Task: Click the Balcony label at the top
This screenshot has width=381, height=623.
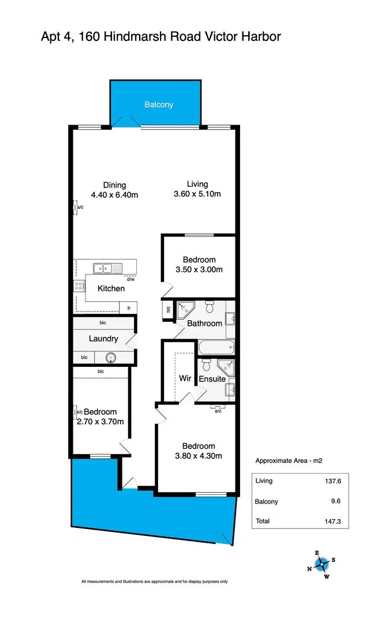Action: [x=158, y=104]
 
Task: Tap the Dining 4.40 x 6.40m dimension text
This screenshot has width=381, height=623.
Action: [x=114, y=195]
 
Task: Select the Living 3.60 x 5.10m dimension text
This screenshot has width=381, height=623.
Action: [x=197, y=194]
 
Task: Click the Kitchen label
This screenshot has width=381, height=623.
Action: [x=111, y=288]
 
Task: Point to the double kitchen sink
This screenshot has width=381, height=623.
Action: [x=105, y=268]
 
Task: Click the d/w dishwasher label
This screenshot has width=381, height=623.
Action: [x=130, y=280]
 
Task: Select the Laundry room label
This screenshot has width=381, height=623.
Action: [x=103, y=339]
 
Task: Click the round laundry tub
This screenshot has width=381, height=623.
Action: [x=110, y=358]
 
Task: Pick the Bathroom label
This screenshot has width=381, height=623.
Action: [x=204, y=324]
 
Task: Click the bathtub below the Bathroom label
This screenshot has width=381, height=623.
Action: [x=216, y=348]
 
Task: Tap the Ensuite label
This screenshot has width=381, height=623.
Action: [x=212, y=379]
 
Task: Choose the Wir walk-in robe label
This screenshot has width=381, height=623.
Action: [x=185, y=379]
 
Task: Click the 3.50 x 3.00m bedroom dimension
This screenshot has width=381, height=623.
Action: [x=199, y=269]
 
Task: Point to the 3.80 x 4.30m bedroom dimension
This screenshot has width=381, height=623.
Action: [x=199, y=456]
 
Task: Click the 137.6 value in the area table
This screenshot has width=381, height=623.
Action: [x=335, y=481]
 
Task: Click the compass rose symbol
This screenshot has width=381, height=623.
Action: [x=322, y=562]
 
